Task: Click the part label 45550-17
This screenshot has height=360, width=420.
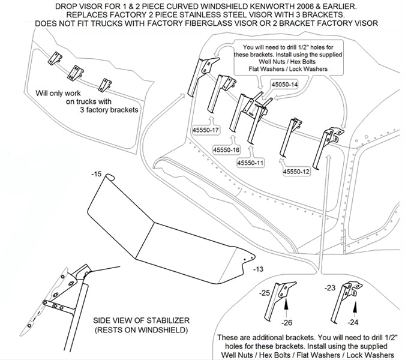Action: coord(206,130)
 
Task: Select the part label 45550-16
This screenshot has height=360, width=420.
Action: coord(226,149)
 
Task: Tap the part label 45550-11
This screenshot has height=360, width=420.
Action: coord(251,163)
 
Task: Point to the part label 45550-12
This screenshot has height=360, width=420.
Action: coord(298,172)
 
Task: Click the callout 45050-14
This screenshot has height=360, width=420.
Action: coord(284,85)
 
